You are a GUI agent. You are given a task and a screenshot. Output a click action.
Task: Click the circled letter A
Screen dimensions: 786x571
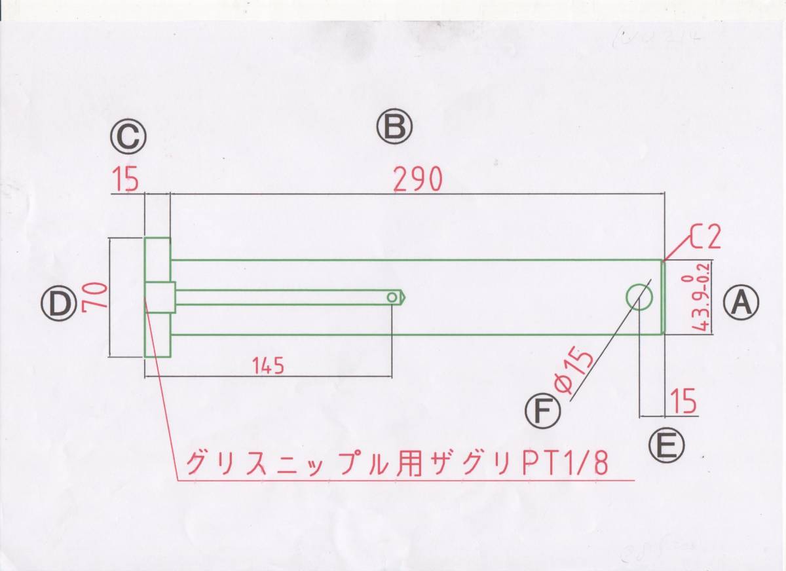coord(741,303)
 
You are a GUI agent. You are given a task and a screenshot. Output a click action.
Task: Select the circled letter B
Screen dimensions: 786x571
coord(394,127)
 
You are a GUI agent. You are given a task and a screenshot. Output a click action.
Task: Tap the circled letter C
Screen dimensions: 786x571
coord(128,138)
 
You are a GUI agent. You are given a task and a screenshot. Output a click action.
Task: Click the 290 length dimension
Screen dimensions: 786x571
coord(419,179)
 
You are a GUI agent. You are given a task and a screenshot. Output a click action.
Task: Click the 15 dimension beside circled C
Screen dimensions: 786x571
coord(125,180)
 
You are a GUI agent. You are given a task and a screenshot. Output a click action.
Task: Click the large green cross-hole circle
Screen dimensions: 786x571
coord(639,297)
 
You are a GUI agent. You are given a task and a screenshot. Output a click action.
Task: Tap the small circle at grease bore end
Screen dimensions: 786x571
coord(392,297)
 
